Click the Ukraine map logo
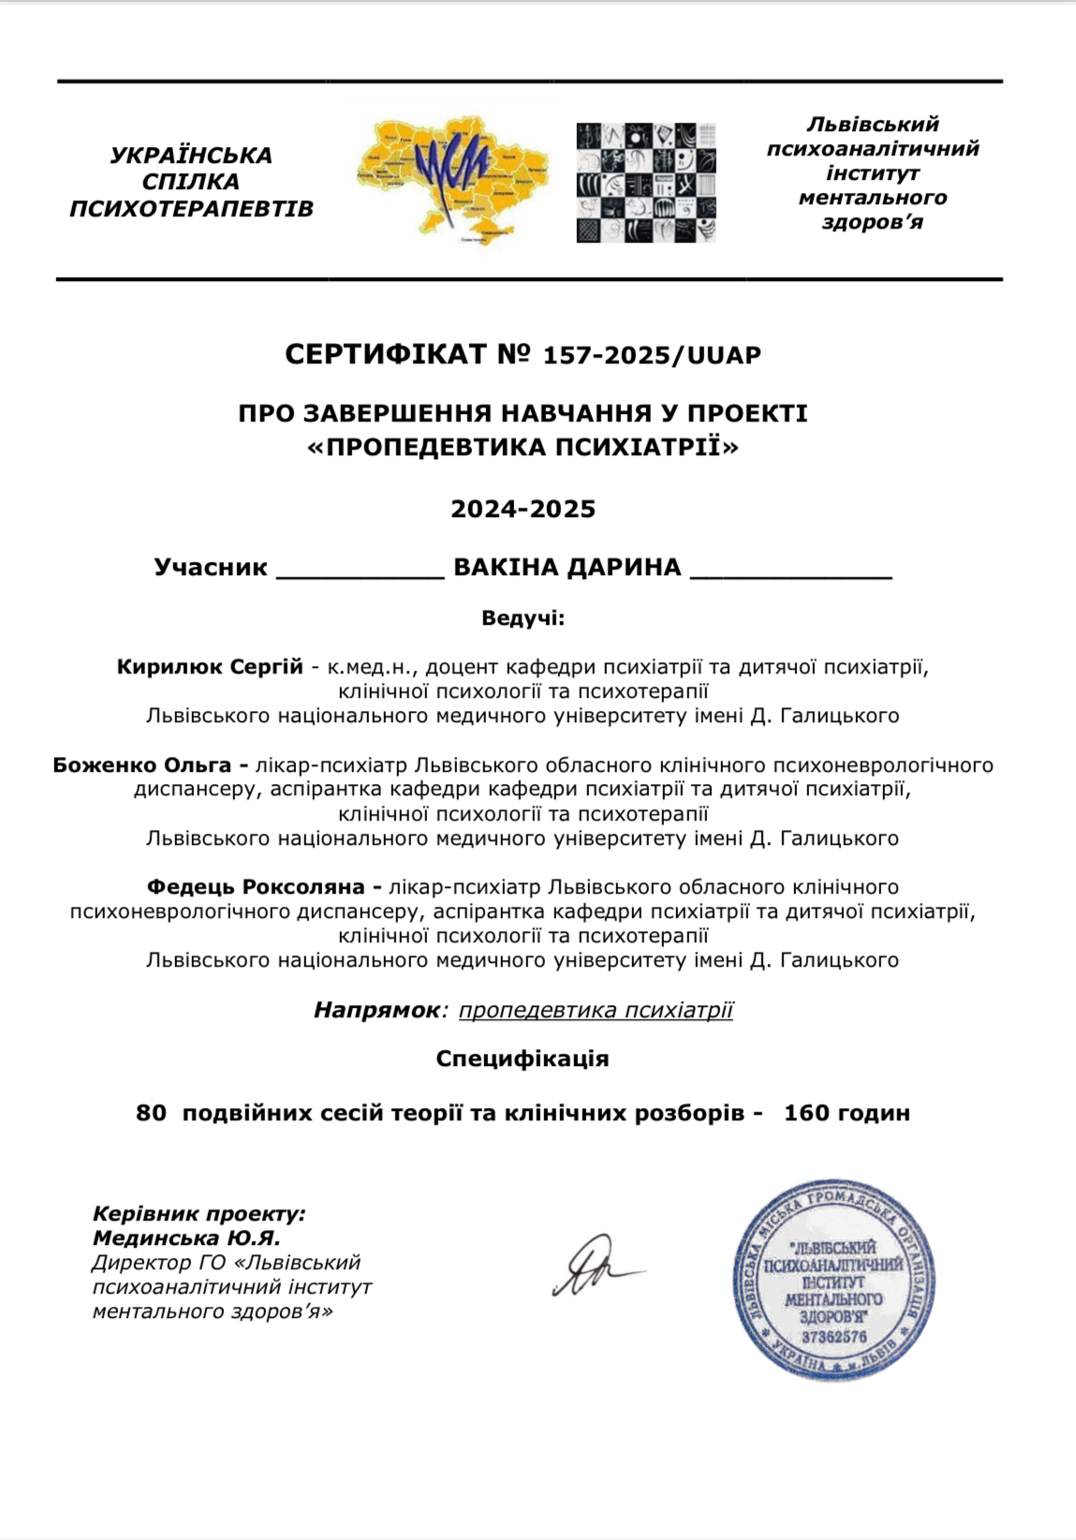point(452,180)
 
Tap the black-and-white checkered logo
point(646,182)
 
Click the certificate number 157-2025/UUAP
point(653,355)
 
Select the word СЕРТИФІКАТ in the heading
point(386,354)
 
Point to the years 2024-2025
point(523,509)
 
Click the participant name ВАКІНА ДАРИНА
point(567,567)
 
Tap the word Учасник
point(211,567)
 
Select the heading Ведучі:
point(523,618)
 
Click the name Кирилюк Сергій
point(210,667)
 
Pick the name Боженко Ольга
point(141,764)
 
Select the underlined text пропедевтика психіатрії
point(596,1010)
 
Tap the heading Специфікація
point(523,1059)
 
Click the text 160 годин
point(847,1113)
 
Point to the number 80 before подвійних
point(151,1113)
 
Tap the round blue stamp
point(833,1280)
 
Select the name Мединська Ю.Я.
point(186,1238)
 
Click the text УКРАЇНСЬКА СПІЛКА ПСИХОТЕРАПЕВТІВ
point(191,182)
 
